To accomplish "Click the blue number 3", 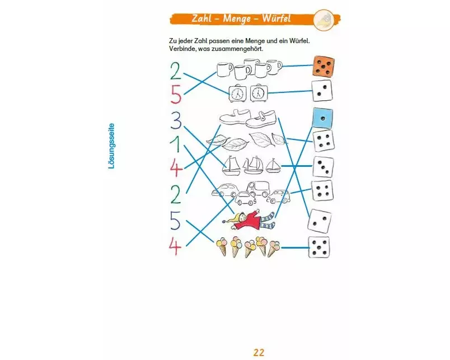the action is point(176,120).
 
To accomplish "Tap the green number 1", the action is point(176,144).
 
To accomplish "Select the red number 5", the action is point(176,95).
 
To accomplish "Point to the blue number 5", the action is point(175,221).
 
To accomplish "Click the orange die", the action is point(324,66).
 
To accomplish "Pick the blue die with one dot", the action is point(322,118).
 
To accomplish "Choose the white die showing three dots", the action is point(323,167).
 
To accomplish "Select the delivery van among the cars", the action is point(258,188).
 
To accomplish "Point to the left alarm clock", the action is point(238,93).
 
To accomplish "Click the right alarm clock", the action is point(259,93).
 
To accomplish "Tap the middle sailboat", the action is point(253,165).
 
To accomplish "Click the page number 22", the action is point(259,352).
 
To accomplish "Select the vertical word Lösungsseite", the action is point(111,146).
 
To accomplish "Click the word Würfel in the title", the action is point(276,18).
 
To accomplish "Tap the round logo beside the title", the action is point(324,20).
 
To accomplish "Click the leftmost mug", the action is point(224,70).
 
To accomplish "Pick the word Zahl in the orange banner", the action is point(201,18).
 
